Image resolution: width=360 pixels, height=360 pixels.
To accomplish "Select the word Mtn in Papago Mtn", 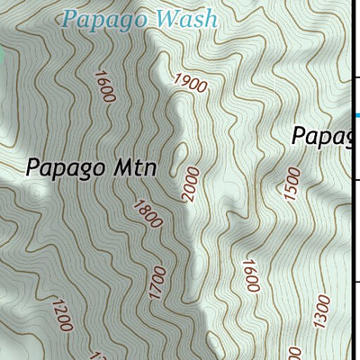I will tap(137, 167).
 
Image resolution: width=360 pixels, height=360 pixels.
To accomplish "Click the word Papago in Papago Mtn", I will tap(68, 168).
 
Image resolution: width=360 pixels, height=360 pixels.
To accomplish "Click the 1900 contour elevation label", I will tap(192, 85).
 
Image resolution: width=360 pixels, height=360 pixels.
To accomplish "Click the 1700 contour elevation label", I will tap(158, 282).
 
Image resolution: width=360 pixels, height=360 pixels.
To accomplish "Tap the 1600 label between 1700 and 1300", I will tap(249, 276).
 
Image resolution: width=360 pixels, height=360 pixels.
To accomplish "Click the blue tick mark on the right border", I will tap(355, 115).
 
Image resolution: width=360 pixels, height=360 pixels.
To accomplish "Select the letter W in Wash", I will tap(166, 18).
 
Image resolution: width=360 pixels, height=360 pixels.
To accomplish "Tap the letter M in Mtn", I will tap(124, 167).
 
